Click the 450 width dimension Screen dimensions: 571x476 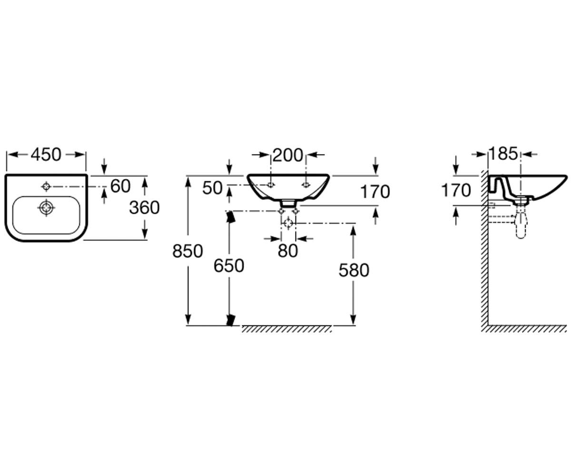(46, 155)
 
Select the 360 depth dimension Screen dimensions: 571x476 (144, 208)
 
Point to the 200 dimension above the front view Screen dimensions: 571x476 (288, 155)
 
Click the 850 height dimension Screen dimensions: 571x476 (187, 251)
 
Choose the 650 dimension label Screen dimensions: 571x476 (229, 266)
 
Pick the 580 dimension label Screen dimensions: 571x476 (354, 270)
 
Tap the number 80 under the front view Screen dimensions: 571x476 (288, 251)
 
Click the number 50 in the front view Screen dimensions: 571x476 (212, 188)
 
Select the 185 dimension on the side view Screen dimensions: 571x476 (503, 154)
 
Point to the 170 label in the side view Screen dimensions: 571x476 (456, 190)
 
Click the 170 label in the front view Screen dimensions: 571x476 (375, 192)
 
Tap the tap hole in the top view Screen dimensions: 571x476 (46, 187)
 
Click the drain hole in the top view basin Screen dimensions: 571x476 (46, 208)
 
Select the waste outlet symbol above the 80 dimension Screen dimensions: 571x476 (288, 223)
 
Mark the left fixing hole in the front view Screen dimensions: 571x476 (271, 185)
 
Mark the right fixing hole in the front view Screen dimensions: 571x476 (306, 185)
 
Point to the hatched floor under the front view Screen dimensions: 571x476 (286, 329)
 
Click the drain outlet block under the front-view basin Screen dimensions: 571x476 (288, 203)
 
